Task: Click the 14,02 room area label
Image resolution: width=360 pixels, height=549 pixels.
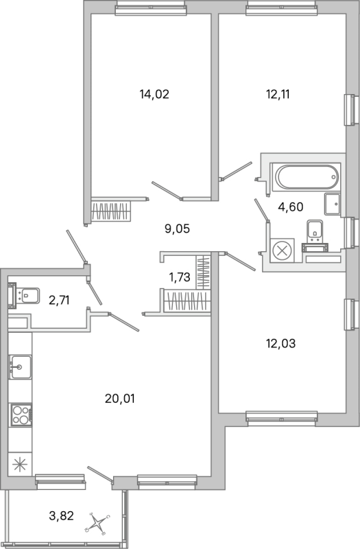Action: click(154, 95)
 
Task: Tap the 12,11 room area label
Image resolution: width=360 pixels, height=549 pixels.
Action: click(278, 95)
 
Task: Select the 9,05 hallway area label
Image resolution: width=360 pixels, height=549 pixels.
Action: click(177, 229)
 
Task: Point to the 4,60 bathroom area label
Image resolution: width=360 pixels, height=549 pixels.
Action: click(290, 207)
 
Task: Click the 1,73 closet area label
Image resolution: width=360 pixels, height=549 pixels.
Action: click(180, 277)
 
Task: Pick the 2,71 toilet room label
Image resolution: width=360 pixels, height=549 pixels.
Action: click(59, 301)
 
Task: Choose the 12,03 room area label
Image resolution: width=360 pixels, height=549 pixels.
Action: click(281, 344)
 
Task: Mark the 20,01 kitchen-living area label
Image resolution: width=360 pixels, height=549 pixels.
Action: click(119, 399)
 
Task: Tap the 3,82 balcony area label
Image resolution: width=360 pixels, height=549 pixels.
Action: click(61, 516)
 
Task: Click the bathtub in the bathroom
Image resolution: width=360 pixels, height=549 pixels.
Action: click(307, 177)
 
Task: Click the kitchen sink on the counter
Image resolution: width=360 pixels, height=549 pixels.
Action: click(21, 366)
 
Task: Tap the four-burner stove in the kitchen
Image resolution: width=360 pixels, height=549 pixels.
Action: click(21, 415)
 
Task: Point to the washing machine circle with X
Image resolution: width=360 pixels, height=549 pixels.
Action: click(283, 250)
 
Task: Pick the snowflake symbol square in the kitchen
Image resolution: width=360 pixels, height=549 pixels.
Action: click(20, 465)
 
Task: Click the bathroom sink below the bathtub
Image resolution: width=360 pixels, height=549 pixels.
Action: click(332, 204)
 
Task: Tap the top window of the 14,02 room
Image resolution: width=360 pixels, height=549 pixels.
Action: click(150, 8)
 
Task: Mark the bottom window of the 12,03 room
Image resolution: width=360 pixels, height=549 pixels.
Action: click(282, 419)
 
